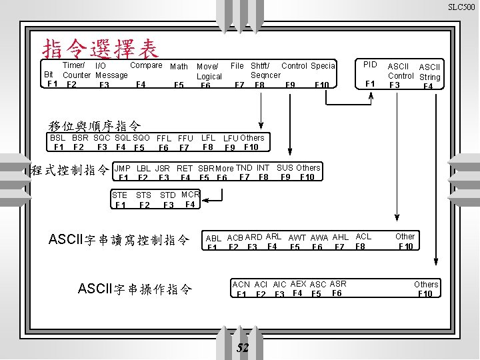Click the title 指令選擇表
coord(101,48)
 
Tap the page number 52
coord(243,347)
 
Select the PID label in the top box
coord(370,65)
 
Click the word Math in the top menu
coord(179,67)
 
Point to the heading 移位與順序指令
coord(95,125)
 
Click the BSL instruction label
coord(58,138)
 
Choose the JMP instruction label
coord(123,168)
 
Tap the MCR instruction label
coord(191,195)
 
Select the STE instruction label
coord(120,195)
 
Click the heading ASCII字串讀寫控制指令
coord(119,239)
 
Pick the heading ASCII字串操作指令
coord(135,289)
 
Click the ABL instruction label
coord(213,238)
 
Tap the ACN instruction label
coord(241,284)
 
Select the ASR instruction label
coord(338,283)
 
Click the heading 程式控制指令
coord(70,170)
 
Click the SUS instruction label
coord(285,167)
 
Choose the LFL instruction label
coord(208,138)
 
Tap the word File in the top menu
coord(237,66)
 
